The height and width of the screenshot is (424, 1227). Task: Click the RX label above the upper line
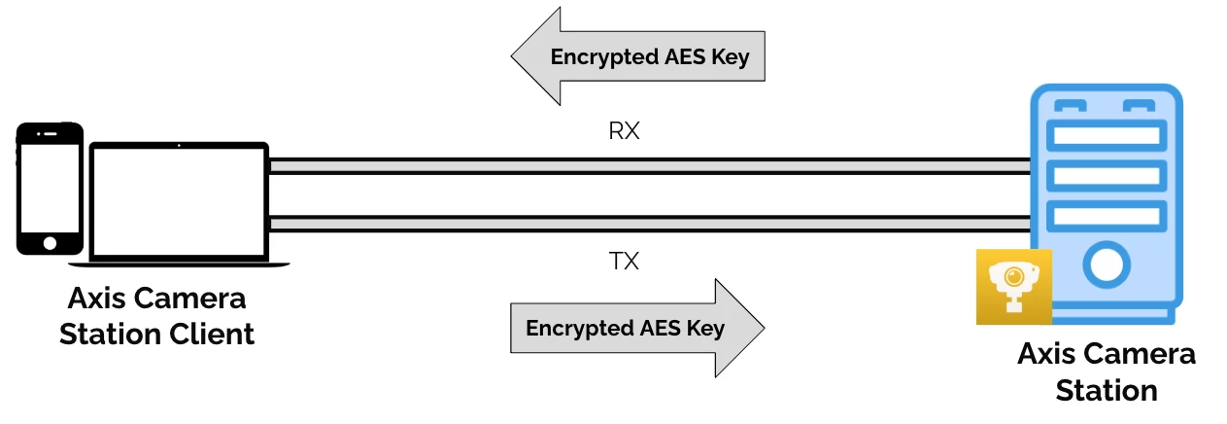624,131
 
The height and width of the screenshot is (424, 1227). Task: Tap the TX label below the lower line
624,262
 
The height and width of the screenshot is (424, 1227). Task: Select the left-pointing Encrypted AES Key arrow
640,56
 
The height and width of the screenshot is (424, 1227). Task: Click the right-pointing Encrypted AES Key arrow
636,328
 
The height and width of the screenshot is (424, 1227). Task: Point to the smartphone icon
50,189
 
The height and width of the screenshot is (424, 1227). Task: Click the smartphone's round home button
50,241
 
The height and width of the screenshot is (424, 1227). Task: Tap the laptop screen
179,201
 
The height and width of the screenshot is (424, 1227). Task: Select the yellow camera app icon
1014,285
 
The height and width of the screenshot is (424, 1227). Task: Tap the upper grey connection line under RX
648,166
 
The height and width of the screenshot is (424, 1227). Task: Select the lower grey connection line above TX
648,224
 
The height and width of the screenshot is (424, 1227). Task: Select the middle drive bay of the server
1105,176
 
